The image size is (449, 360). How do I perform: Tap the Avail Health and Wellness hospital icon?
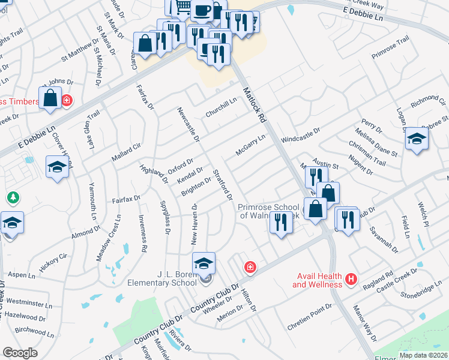(x=351, y=279)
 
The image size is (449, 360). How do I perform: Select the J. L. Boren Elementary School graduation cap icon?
(x=203, y=263)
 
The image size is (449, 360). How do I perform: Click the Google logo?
(x=20, y=353)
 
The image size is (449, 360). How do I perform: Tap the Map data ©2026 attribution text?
(x=423, y=355)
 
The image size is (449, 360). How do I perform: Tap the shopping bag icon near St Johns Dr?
(x=50, y=98)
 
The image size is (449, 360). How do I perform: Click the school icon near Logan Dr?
(x=417, y=140)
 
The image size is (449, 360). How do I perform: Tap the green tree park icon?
(x=11, y=197)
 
